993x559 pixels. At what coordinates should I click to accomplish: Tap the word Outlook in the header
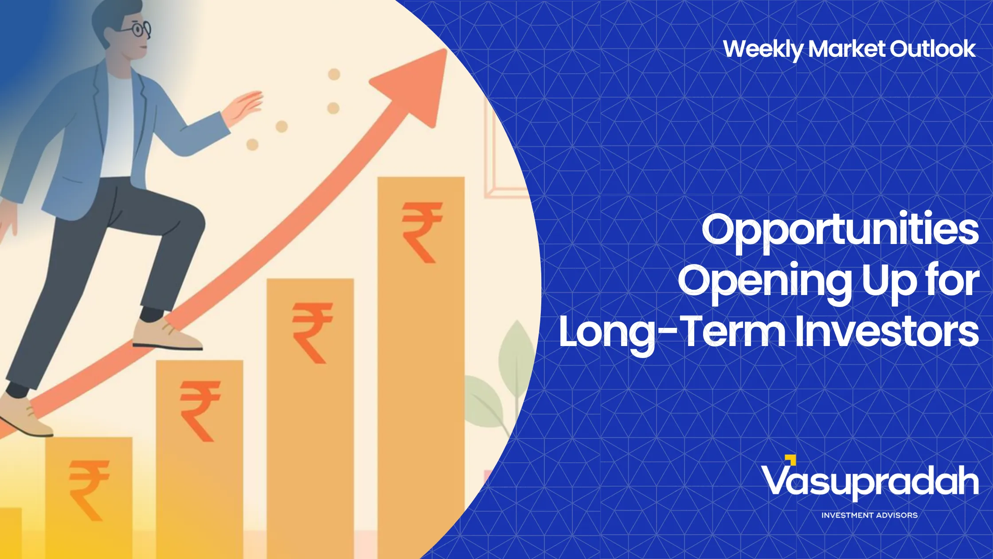(933, 48)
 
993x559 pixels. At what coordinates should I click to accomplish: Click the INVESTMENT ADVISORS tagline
(869, 516)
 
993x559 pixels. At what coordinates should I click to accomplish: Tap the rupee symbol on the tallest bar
(422, 232)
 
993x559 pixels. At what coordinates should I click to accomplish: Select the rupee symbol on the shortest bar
(89, 490)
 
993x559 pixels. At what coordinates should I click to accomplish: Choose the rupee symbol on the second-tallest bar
(312, 333)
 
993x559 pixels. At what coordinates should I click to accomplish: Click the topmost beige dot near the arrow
(334, 74)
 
